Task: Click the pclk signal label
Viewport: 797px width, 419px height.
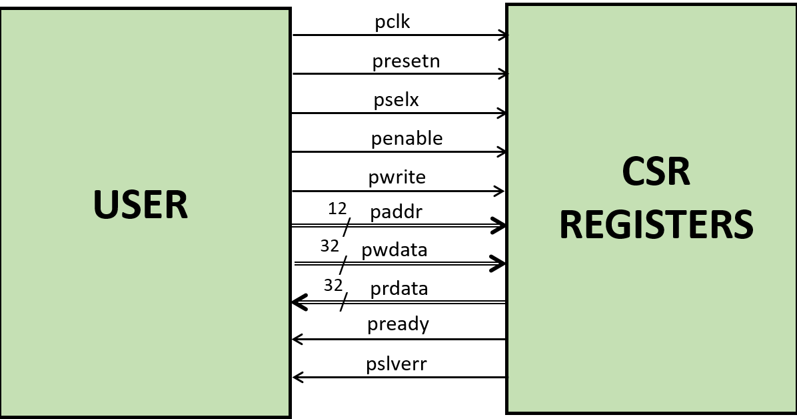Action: click(x=392, y=22)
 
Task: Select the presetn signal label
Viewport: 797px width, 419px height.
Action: click(x=406, y=61)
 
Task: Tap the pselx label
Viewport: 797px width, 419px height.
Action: click(x=396, y=100)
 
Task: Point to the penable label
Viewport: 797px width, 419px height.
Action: click(x=406, y=138)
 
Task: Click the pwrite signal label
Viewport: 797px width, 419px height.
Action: click(x=397, y=177)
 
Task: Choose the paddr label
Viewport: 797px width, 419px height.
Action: click(x=397, y=212)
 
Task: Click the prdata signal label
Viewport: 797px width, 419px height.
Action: click(x=399, y=289)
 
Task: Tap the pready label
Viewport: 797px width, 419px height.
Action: click(x=398, y=324)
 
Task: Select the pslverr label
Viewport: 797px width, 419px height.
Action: click(x=397, y=364)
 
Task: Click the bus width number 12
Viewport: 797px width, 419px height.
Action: click(x=338, y=209)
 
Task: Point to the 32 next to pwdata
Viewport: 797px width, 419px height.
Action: click(x=330, y=246)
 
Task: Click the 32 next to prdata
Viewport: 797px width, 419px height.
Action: click(x=333, y=286)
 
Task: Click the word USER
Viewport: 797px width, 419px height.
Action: click(x=141, y=204)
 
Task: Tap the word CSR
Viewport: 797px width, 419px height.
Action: click(x=656, y=171)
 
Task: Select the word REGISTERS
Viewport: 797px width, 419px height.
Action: click(x=656, y=225)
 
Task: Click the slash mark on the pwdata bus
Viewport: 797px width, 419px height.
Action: click(x=343, y=265)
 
